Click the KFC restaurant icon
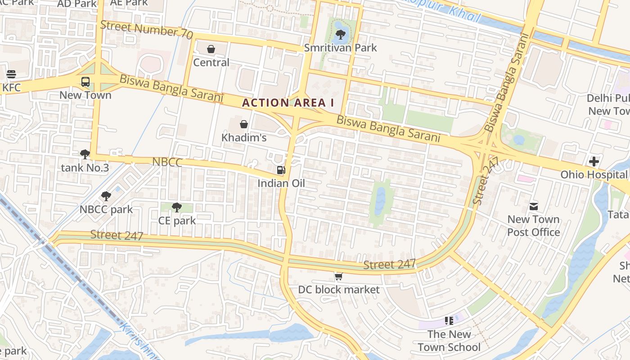pos(11,74)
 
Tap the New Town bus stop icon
pos(85,82)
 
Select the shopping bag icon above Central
pos(211,49)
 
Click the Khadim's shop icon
pos(244,124)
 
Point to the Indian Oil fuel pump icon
pos(281,170)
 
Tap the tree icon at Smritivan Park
pos(341,34)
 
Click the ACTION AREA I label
pos(288,103)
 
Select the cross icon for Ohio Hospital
pos(594,161)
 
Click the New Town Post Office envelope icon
pos(534,207)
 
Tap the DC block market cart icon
pos(338,276)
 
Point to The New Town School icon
pos(449,321)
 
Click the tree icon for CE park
pos(177,207)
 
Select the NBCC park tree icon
pos(106,196)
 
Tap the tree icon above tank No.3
pos(85,155)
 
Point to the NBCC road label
pos(167,162)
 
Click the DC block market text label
pos(339,290)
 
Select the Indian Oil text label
pos(281,183)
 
